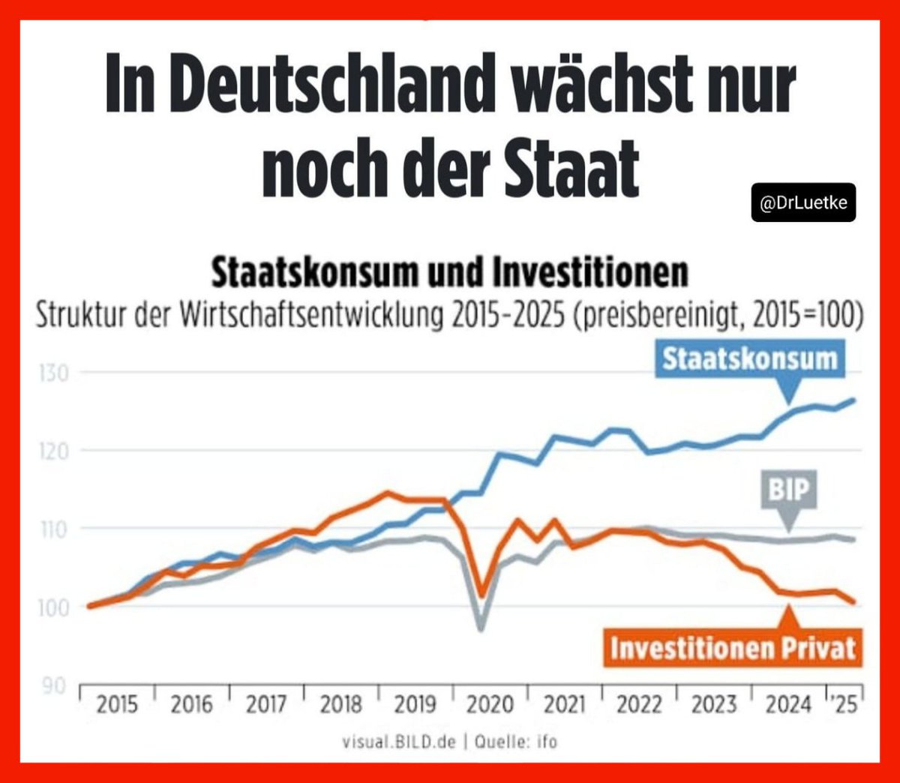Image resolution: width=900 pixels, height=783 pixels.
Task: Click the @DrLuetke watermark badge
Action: point(803,203)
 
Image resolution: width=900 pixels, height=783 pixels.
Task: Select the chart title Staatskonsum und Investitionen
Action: point(449,272)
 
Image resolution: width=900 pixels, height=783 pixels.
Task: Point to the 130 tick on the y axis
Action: point(53,373)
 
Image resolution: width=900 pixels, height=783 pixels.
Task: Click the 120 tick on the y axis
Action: point(53,451)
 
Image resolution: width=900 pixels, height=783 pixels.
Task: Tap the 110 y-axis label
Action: point(53,529)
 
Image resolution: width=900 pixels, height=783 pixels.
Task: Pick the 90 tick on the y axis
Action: point(53,685)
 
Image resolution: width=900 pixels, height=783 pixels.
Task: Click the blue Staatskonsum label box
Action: point(749,358)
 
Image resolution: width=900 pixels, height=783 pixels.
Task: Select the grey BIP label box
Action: point(789,490)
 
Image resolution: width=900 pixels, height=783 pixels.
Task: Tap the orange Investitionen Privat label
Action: point(732,647)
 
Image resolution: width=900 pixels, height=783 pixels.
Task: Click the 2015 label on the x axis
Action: point(117,705)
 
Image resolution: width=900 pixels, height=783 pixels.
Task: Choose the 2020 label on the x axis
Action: point(490,705)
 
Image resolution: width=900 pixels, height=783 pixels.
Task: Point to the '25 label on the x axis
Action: point(844,705)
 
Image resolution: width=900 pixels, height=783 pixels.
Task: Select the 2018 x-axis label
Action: point(340,705)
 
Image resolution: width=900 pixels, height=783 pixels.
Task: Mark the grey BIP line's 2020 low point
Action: point(481,628)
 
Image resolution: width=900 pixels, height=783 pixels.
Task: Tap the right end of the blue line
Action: point(853,400)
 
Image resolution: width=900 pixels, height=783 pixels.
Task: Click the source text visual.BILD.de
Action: point(398,742)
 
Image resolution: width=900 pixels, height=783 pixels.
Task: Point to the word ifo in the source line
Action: point(547,742)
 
